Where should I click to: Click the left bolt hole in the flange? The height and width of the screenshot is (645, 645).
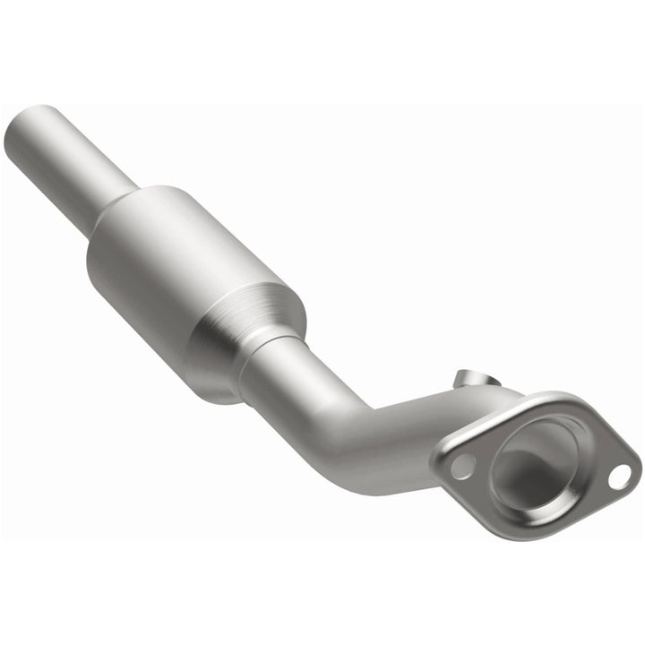pyautogui.click(x=463, y=466)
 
